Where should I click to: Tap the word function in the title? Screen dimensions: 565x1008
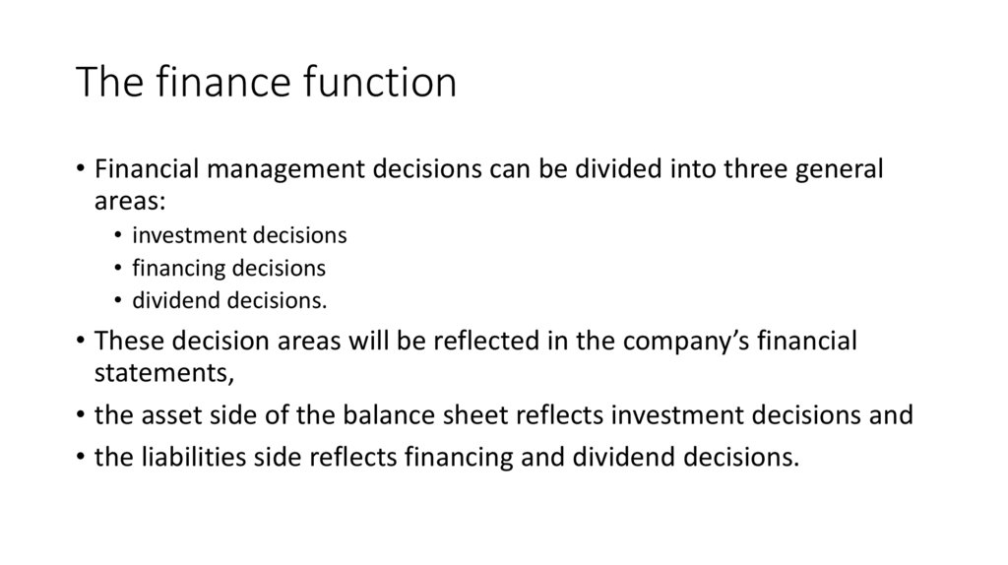click(x=385, y=83)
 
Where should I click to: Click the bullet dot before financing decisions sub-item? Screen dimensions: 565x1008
click(x=118, y=268)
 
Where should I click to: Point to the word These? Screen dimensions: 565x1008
click(x=128, y=342)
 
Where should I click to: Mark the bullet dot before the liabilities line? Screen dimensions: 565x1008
click(x=80, y=457)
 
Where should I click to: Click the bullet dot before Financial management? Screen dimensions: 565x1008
click(x=80, y=169)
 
